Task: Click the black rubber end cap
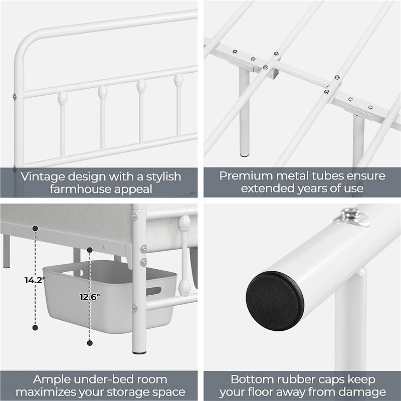tap(275, 301)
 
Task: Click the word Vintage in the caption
tap(40, 176)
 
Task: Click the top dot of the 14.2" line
tap(35, 229)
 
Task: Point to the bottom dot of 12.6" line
tap(90, 343)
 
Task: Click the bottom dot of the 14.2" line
tap(35, 328)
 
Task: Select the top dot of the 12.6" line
tap(90, 250)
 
